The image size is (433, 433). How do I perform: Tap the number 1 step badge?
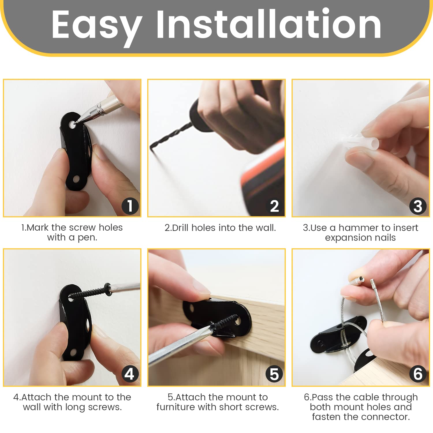(x=130, y=206)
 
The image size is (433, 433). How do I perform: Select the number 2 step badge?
(x=274, y=206)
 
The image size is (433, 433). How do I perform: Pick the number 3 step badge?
(x=418, y=206)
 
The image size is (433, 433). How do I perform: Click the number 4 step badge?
(x=130, y=374)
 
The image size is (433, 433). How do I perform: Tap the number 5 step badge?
(x=274, y=374)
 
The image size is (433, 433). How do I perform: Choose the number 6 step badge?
(x=418, y=374)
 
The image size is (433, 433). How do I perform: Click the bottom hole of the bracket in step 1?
(x=76, y=179)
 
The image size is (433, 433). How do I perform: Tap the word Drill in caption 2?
(x=180, y=228)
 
